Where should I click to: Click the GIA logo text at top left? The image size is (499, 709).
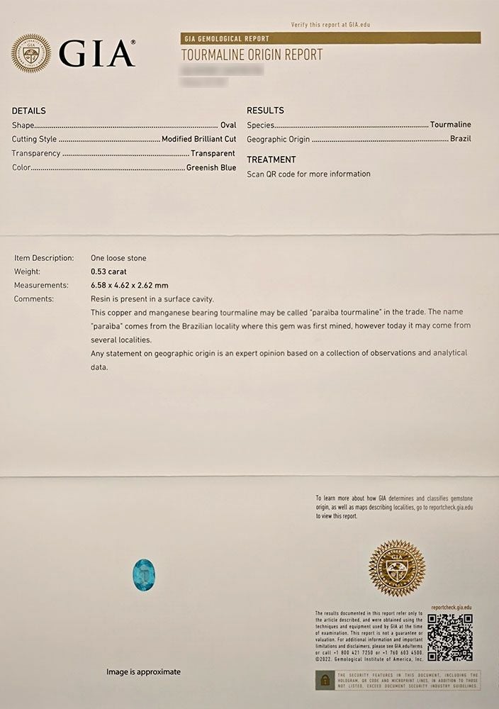click(x=96, y=53)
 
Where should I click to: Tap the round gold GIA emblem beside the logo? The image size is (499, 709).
click(x=30, y=54)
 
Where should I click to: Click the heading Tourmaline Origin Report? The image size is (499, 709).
click(x=252, y=55)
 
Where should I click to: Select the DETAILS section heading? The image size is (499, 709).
click(x=29, y=111)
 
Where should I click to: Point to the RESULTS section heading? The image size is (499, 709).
click(x=265, y=111)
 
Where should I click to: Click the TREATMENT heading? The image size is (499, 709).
click(x=271, y=160)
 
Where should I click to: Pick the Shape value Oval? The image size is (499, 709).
click(x=228, y=125)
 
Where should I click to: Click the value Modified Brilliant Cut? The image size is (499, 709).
click(x=198, y=139)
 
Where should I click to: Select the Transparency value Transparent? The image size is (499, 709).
click(x=213, y=153)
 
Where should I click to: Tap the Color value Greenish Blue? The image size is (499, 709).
click(x=211, y=168)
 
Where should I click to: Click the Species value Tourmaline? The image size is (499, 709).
click(x=450, y=125)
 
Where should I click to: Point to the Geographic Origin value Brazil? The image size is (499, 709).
click(x=460, y=139)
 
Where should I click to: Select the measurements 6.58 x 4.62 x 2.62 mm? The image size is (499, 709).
click(x=129, y=285)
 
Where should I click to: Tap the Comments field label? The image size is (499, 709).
click(x=34, y=298)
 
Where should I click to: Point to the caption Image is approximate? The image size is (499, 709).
click(x=143, y=671)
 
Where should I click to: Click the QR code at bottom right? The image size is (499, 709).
click(x=449, y=637)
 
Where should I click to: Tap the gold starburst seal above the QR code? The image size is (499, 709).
click(x=397, y=569)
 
